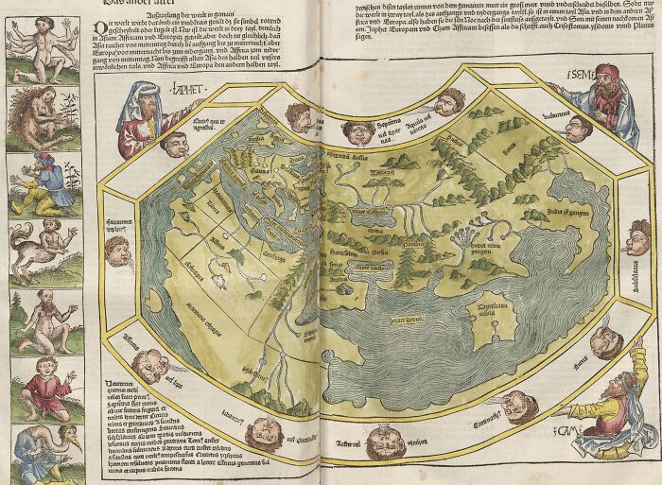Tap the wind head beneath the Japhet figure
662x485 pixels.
coord(174,143)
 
